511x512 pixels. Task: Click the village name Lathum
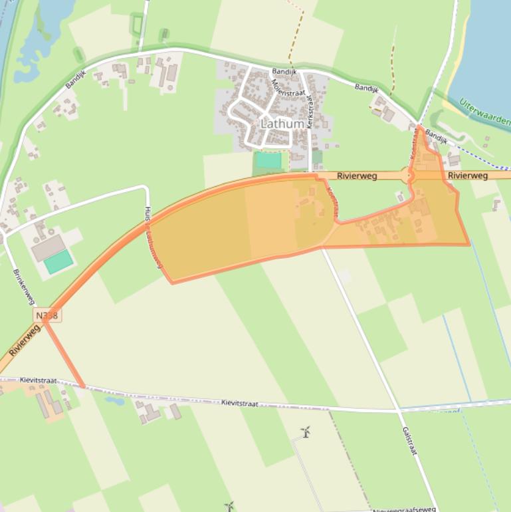click(x=282, y=124)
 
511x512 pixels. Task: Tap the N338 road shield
click(x=47, y=315)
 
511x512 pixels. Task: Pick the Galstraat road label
click(x=409, y=440)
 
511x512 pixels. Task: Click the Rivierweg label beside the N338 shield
click(x=25, y=340)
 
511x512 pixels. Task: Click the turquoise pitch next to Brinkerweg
click(x=58, y=261)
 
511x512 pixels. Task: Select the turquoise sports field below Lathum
click(x=269, y=160)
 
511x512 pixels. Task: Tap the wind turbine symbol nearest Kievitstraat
click(x=306, y=432)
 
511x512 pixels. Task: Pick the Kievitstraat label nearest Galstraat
click(x=239, y=403)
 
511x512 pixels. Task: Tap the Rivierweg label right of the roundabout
click(x=468, y=176)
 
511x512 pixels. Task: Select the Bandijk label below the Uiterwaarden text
click(x=437, y=136)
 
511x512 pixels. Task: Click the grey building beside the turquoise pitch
click(x=48, y=247)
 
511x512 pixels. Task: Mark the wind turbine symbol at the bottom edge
click(x=229, y=507)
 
